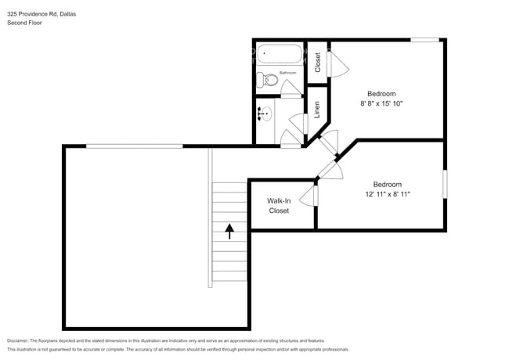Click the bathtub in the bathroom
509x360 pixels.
pos(280,55)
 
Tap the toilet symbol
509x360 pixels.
pos(268,79)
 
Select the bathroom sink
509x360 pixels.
pos(264,114)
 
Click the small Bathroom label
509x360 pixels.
pos(287,73)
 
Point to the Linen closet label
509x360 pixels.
pos(317,109)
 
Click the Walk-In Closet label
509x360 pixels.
pos(279,206)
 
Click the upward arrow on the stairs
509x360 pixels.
pos(229,231)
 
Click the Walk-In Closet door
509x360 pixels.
pos(312,196)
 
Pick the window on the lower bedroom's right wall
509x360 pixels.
pos(445,183)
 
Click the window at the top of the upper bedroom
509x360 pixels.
pos(424,40)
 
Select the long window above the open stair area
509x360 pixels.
pos(134,146)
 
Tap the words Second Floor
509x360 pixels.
pos(24,23)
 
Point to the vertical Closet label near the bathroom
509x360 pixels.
pos(317,61)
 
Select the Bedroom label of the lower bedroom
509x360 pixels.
pos(387,185)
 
